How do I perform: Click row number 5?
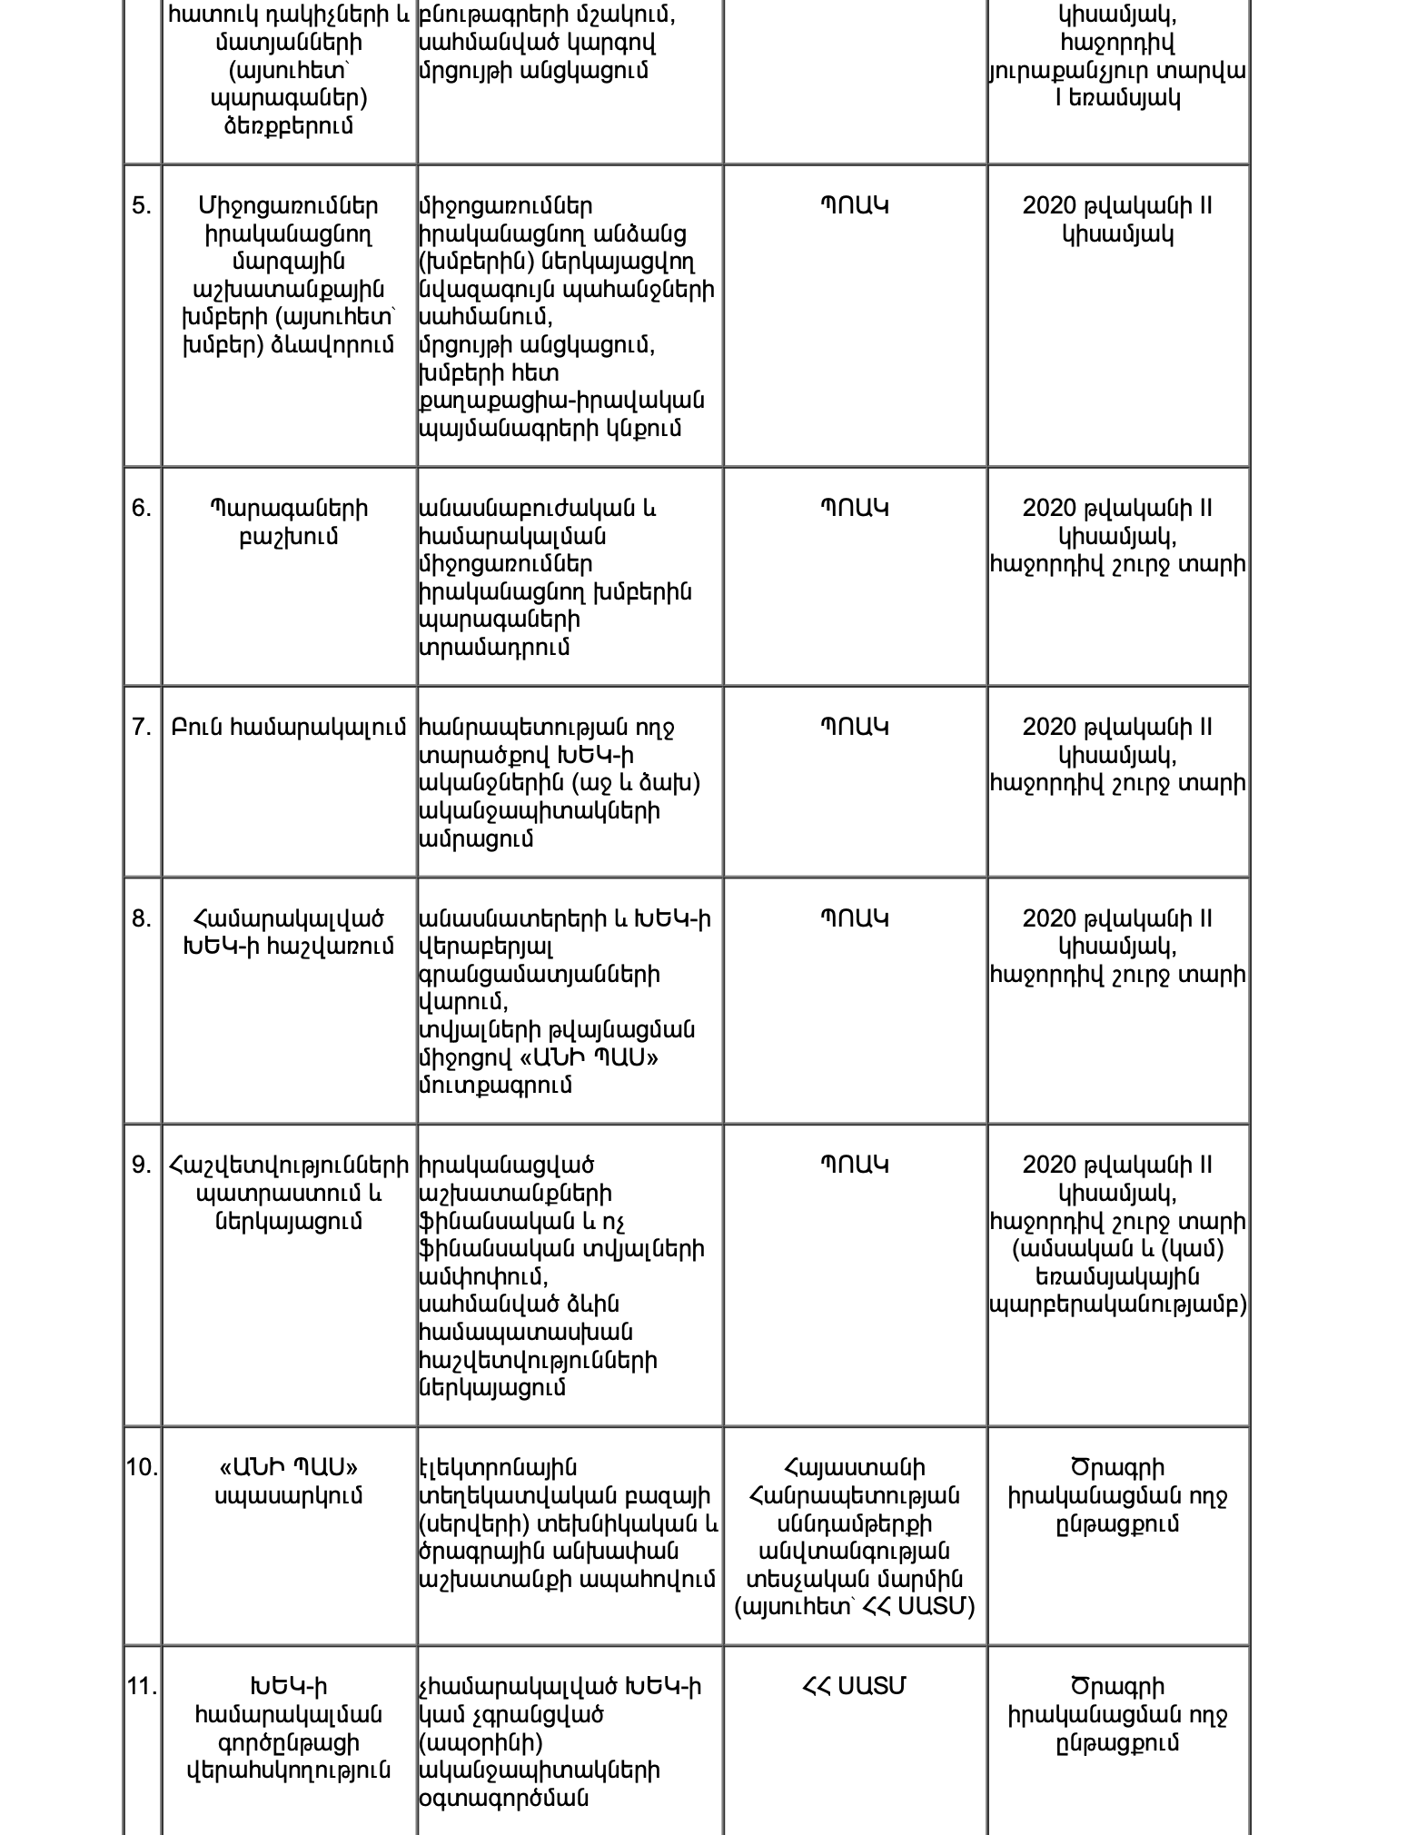coord(142,206)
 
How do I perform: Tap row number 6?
coord(142,509)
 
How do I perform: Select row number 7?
coord(142,728)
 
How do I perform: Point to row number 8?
coord(142,919)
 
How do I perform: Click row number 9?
coord(142,1165)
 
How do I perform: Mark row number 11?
coord(143,1687)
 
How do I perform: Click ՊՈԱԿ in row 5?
coord(854,206)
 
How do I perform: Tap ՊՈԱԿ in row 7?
coord(854,728)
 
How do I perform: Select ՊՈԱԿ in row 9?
coord(854,1165)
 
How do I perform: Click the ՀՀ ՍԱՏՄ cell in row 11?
coord(854,1687)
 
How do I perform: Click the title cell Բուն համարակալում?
coord(289,728)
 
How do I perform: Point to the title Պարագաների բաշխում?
coord(289,522)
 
